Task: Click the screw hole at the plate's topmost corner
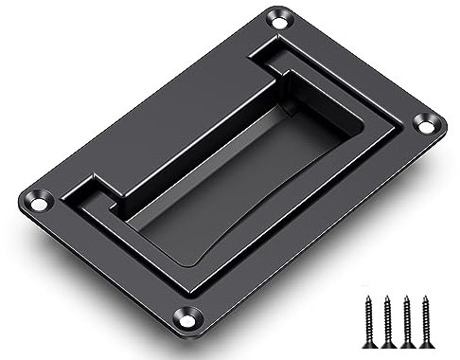tap(279, 17)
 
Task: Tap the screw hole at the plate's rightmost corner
tap(427, 122)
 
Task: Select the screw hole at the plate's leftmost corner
tap(39, 202)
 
